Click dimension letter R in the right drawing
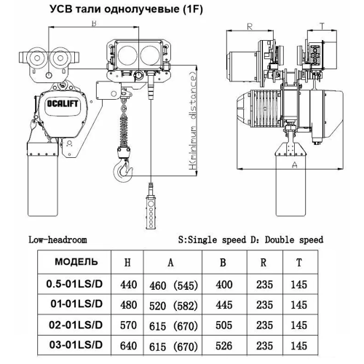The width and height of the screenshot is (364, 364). [249, 27]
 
